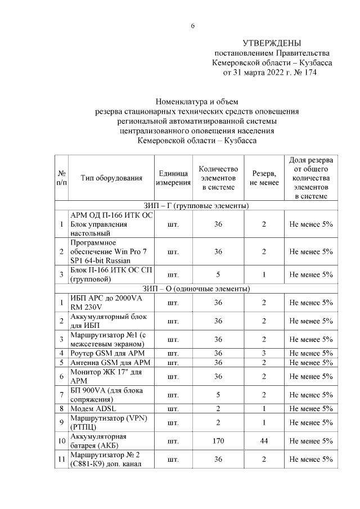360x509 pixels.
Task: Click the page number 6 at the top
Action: [192, 25]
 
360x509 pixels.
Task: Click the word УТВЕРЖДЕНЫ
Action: [272, 43]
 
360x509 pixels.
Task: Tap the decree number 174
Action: [309, 73]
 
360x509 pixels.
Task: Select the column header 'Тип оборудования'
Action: [111, 178]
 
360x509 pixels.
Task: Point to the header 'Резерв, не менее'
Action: [264, 178]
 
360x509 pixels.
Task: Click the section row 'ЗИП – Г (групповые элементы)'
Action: [196, 206]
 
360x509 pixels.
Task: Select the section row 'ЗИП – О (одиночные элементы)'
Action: [196, 289]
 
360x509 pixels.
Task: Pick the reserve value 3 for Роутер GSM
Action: [264, 353]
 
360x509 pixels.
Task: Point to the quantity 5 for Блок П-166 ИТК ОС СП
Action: [218, 274]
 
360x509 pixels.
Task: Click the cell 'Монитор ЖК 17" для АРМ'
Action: [105, 376]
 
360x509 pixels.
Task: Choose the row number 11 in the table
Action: [61, 460]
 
